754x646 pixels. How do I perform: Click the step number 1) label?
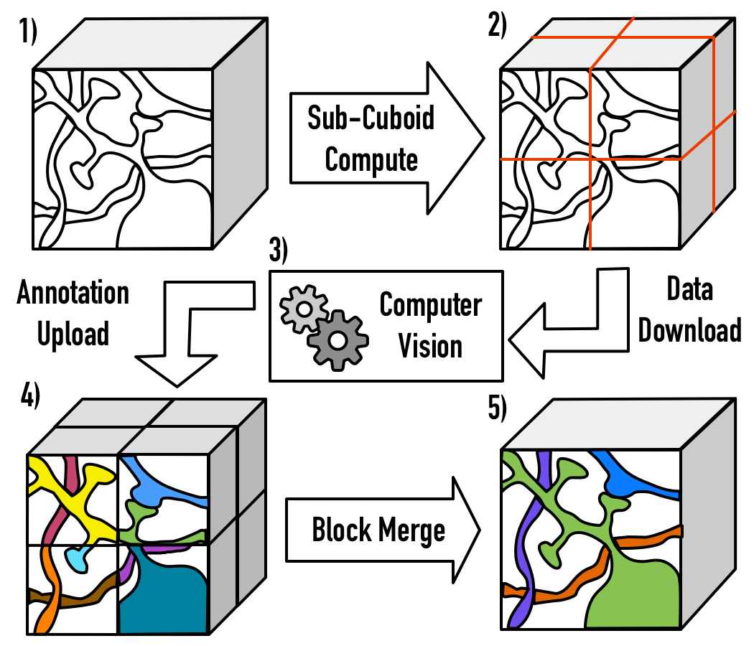tap(27, 31)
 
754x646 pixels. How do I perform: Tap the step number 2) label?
tap(497, 24)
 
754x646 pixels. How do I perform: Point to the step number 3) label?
tap(278, 250)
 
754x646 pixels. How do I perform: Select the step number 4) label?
tap(30, 395)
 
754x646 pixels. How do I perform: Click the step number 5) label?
tap(497, 408)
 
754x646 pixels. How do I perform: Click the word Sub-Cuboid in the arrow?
tap(371, 118)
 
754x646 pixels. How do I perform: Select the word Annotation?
tap(73, 292)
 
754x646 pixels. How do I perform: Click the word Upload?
tap(73, 334)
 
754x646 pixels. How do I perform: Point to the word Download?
tap(689, 330)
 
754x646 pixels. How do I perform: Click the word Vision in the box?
tap(430, 346)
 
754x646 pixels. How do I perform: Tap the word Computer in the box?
tap(431, 306)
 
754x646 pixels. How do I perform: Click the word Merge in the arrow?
tap(411, 530)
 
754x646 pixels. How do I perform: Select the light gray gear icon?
tap(304, 309)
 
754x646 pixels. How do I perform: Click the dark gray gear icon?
tap(338, 340)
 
